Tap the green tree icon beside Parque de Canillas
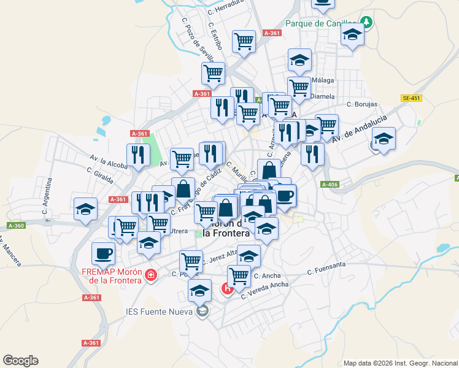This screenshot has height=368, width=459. [367, 23]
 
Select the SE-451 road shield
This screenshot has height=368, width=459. [411, 98]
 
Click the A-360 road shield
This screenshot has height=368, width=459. [17, 226]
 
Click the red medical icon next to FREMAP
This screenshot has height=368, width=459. [151, 277]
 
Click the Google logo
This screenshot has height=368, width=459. [20, 361]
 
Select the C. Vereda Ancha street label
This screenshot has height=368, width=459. [264, 291]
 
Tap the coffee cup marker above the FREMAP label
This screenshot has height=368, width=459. [103, 252]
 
